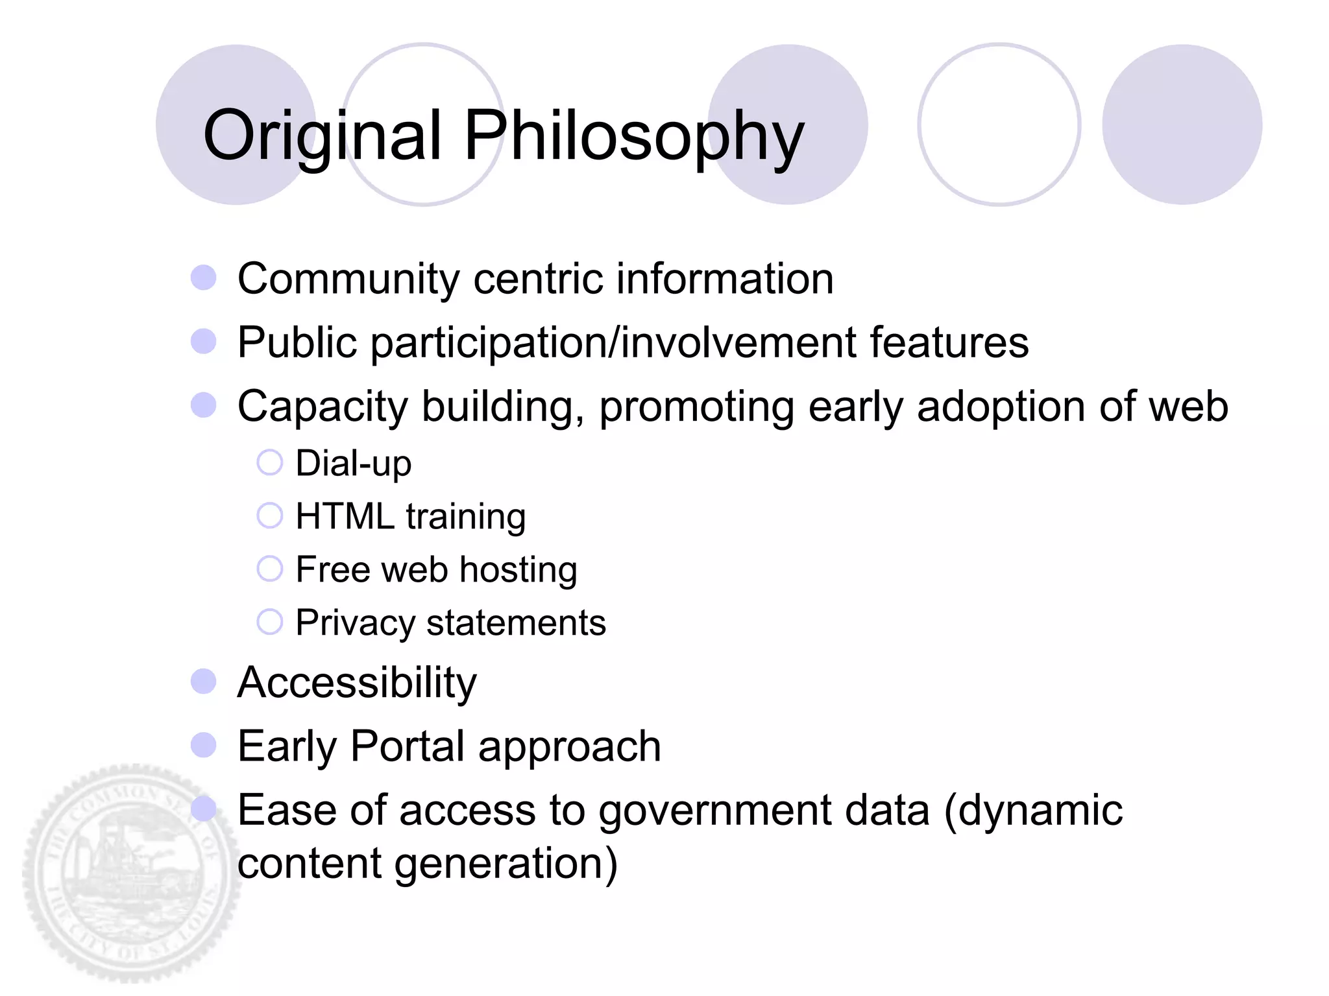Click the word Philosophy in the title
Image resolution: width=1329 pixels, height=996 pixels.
pyautogui.click(x=633, y=136)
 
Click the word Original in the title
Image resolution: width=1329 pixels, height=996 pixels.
pyautogui.click(x=323, y=136)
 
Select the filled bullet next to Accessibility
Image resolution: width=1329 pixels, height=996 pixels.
pyautogui.click(x=204, y=682)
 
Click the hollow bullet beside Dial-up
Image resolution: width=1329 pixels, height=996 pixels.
pyautogui.click(x=269, y=463)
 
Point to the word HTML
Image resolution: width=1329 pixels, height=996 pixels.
pyautogui.click(x=345, y=517)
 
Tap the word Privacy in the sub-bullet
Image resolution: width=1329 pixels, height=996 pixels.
pyautogui.click(x=354, y=623)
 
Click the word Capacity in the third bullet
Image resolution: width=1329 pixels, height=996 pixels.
pyautogui.click(x=323, y=407)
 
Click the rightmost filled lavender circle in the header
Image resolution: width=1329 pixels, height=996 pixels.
pyautogui.click(x=1182, y=124)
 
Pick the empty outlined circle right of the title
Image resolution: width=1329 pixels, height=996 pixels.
pyautogui.click(x=999, y=124)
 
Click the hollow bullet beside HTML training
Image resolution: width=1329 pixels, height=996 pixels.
pyautogui.click(x=269, y=516)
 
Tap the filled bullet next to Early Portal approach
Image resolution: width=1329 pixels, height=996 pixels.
pyautogui.click(x=204, y=745)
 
